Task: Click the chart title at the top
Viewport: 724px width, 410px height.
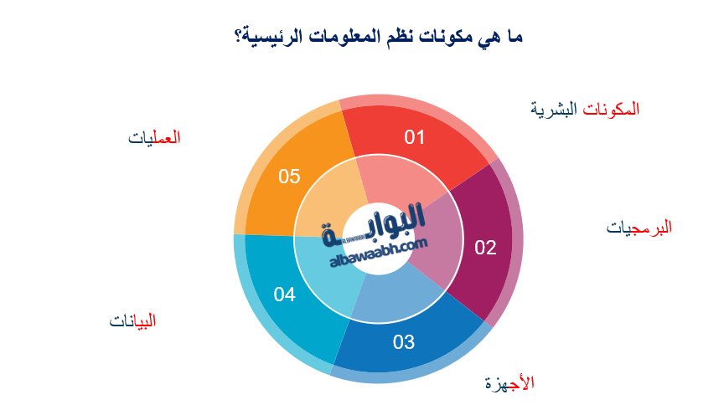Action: (377, 38)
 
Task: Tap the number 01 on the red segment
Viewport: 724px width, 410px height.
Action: (415, 136)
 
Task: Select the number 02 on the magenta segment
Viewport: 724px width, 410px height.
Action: (486, 247)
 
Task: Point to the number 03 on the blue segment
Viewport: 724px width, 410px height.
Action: (404, 341)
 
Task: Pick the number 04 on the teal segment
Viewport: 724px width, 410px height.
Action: (284, 294)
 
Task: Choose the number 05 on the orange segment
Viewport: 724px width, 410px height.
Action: (289, 177)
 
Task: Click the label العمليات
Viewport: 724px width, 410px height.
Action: (155, 137)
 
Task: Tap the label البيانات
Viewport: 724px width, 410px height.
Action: (133, 320)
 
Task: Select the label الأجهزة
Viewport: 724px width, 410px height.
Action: (509, 383)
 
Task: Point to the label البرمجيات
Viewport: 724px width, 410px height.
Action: (639, 227)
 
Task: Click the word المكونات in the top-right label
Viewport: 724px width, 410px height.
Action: (611, 109)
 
